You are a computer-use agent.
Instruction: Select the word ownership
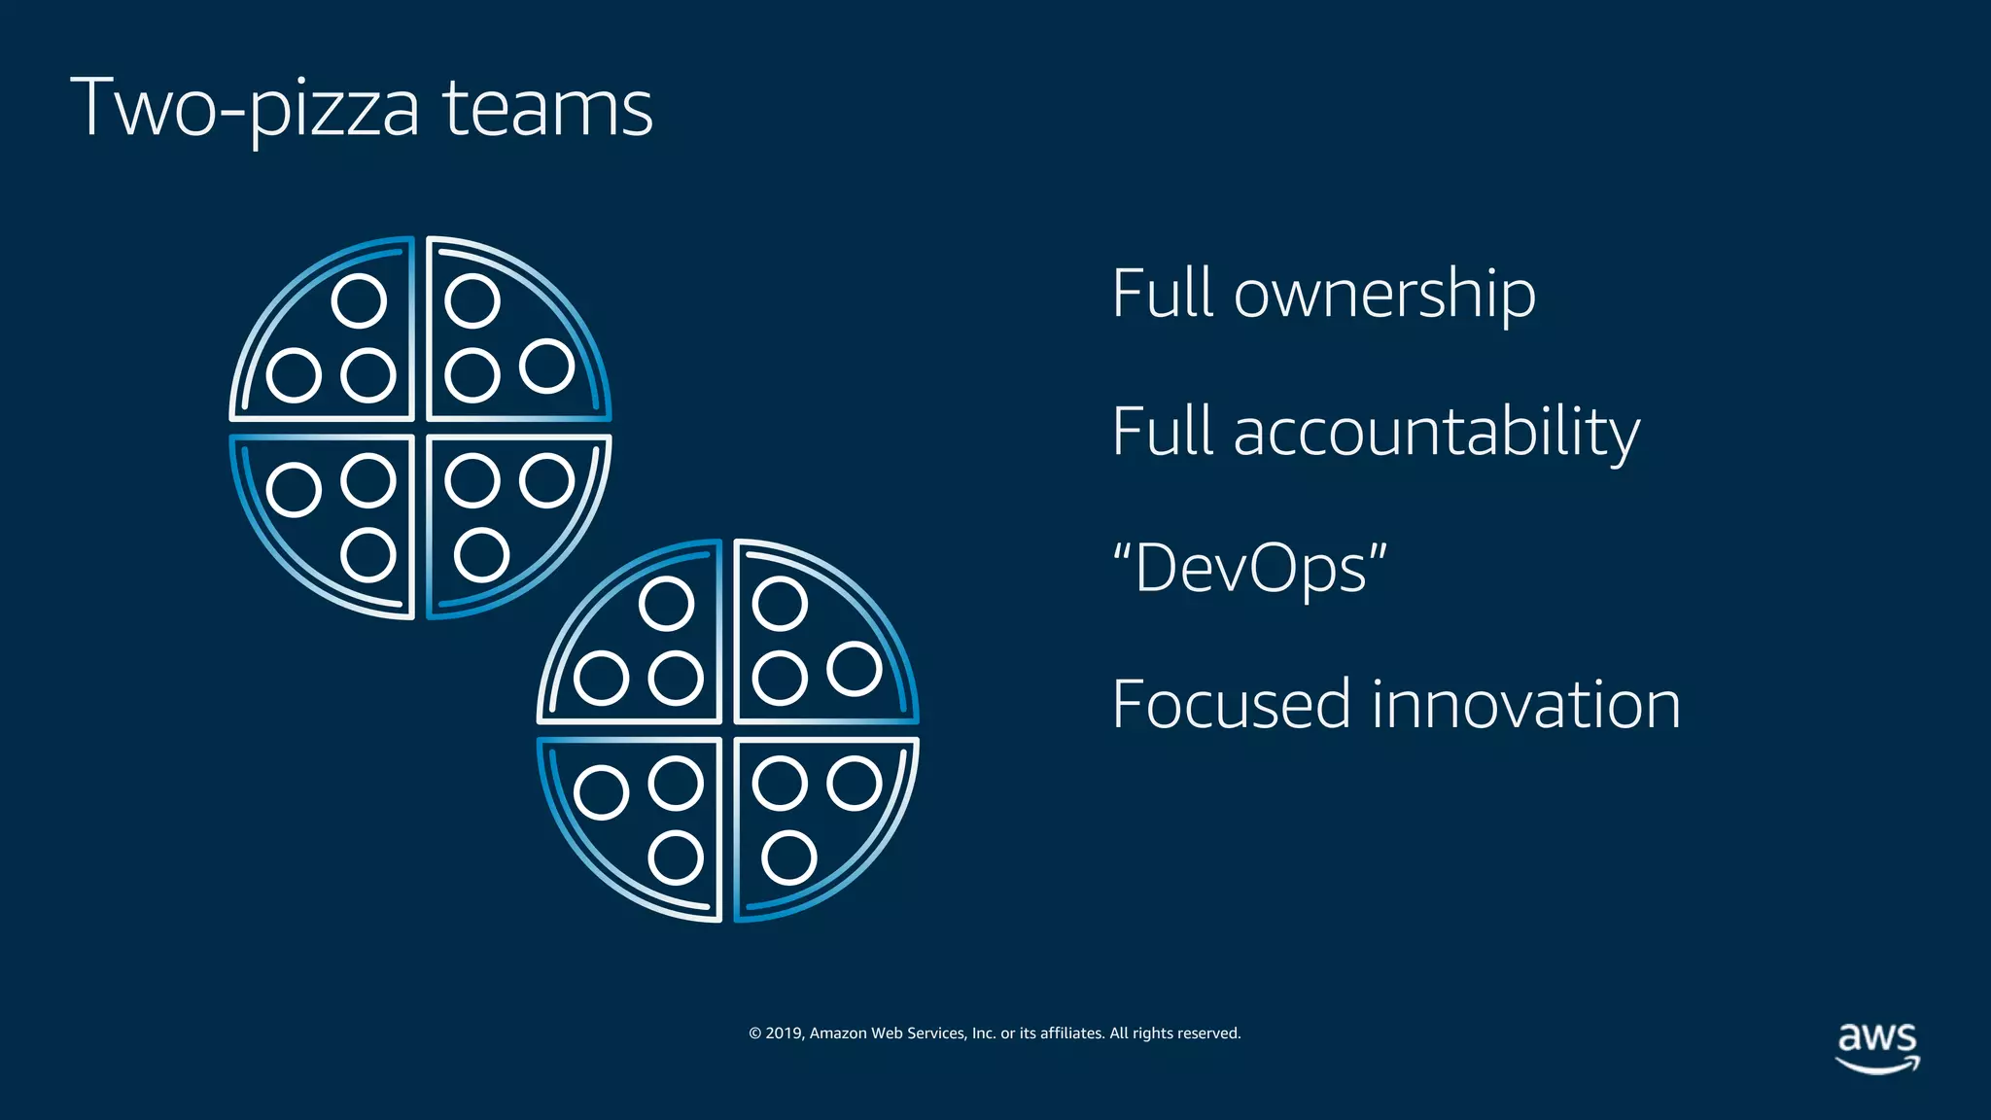click(1384, 294)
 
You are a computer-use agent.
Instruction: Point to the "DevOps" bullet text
click(1249, 569)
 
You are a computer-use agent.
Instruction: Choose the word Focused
click(1231, 705)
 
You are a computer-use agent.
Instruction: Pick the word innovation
click(1525, 705)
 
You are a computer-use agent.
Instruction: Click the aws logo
click(1877, 1046)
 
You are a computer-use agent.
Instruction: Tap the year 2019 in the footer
click(784, 1033)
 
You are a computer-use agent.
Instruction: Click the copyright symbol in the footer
click(754, 1033)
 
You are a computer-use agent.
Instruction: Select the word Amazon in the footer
click(838, 1033)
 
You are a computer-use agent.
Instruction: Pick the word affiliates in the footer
click(1072, 1033)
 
